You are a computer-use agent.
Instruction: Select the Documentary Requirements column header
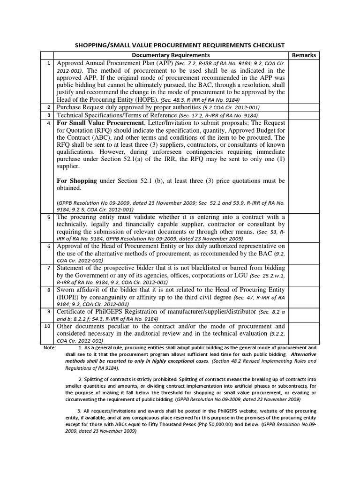click(x=170, y=55)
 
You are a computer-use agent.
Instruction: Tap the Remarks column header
click(x=304, y=55)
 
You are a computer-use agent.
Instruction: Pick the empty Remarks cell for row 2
click(x=304, y=107)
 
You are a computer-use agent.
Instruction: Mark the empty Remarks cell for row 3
click(x=304, y=115)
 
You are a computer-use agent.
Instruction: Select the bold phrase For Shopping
click(x=77, y=180)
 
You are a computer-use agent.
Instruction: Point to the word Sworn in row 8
click(x=67, y=290)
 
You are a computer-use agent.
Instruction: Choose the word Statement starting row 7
click(x=73, y=268)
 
